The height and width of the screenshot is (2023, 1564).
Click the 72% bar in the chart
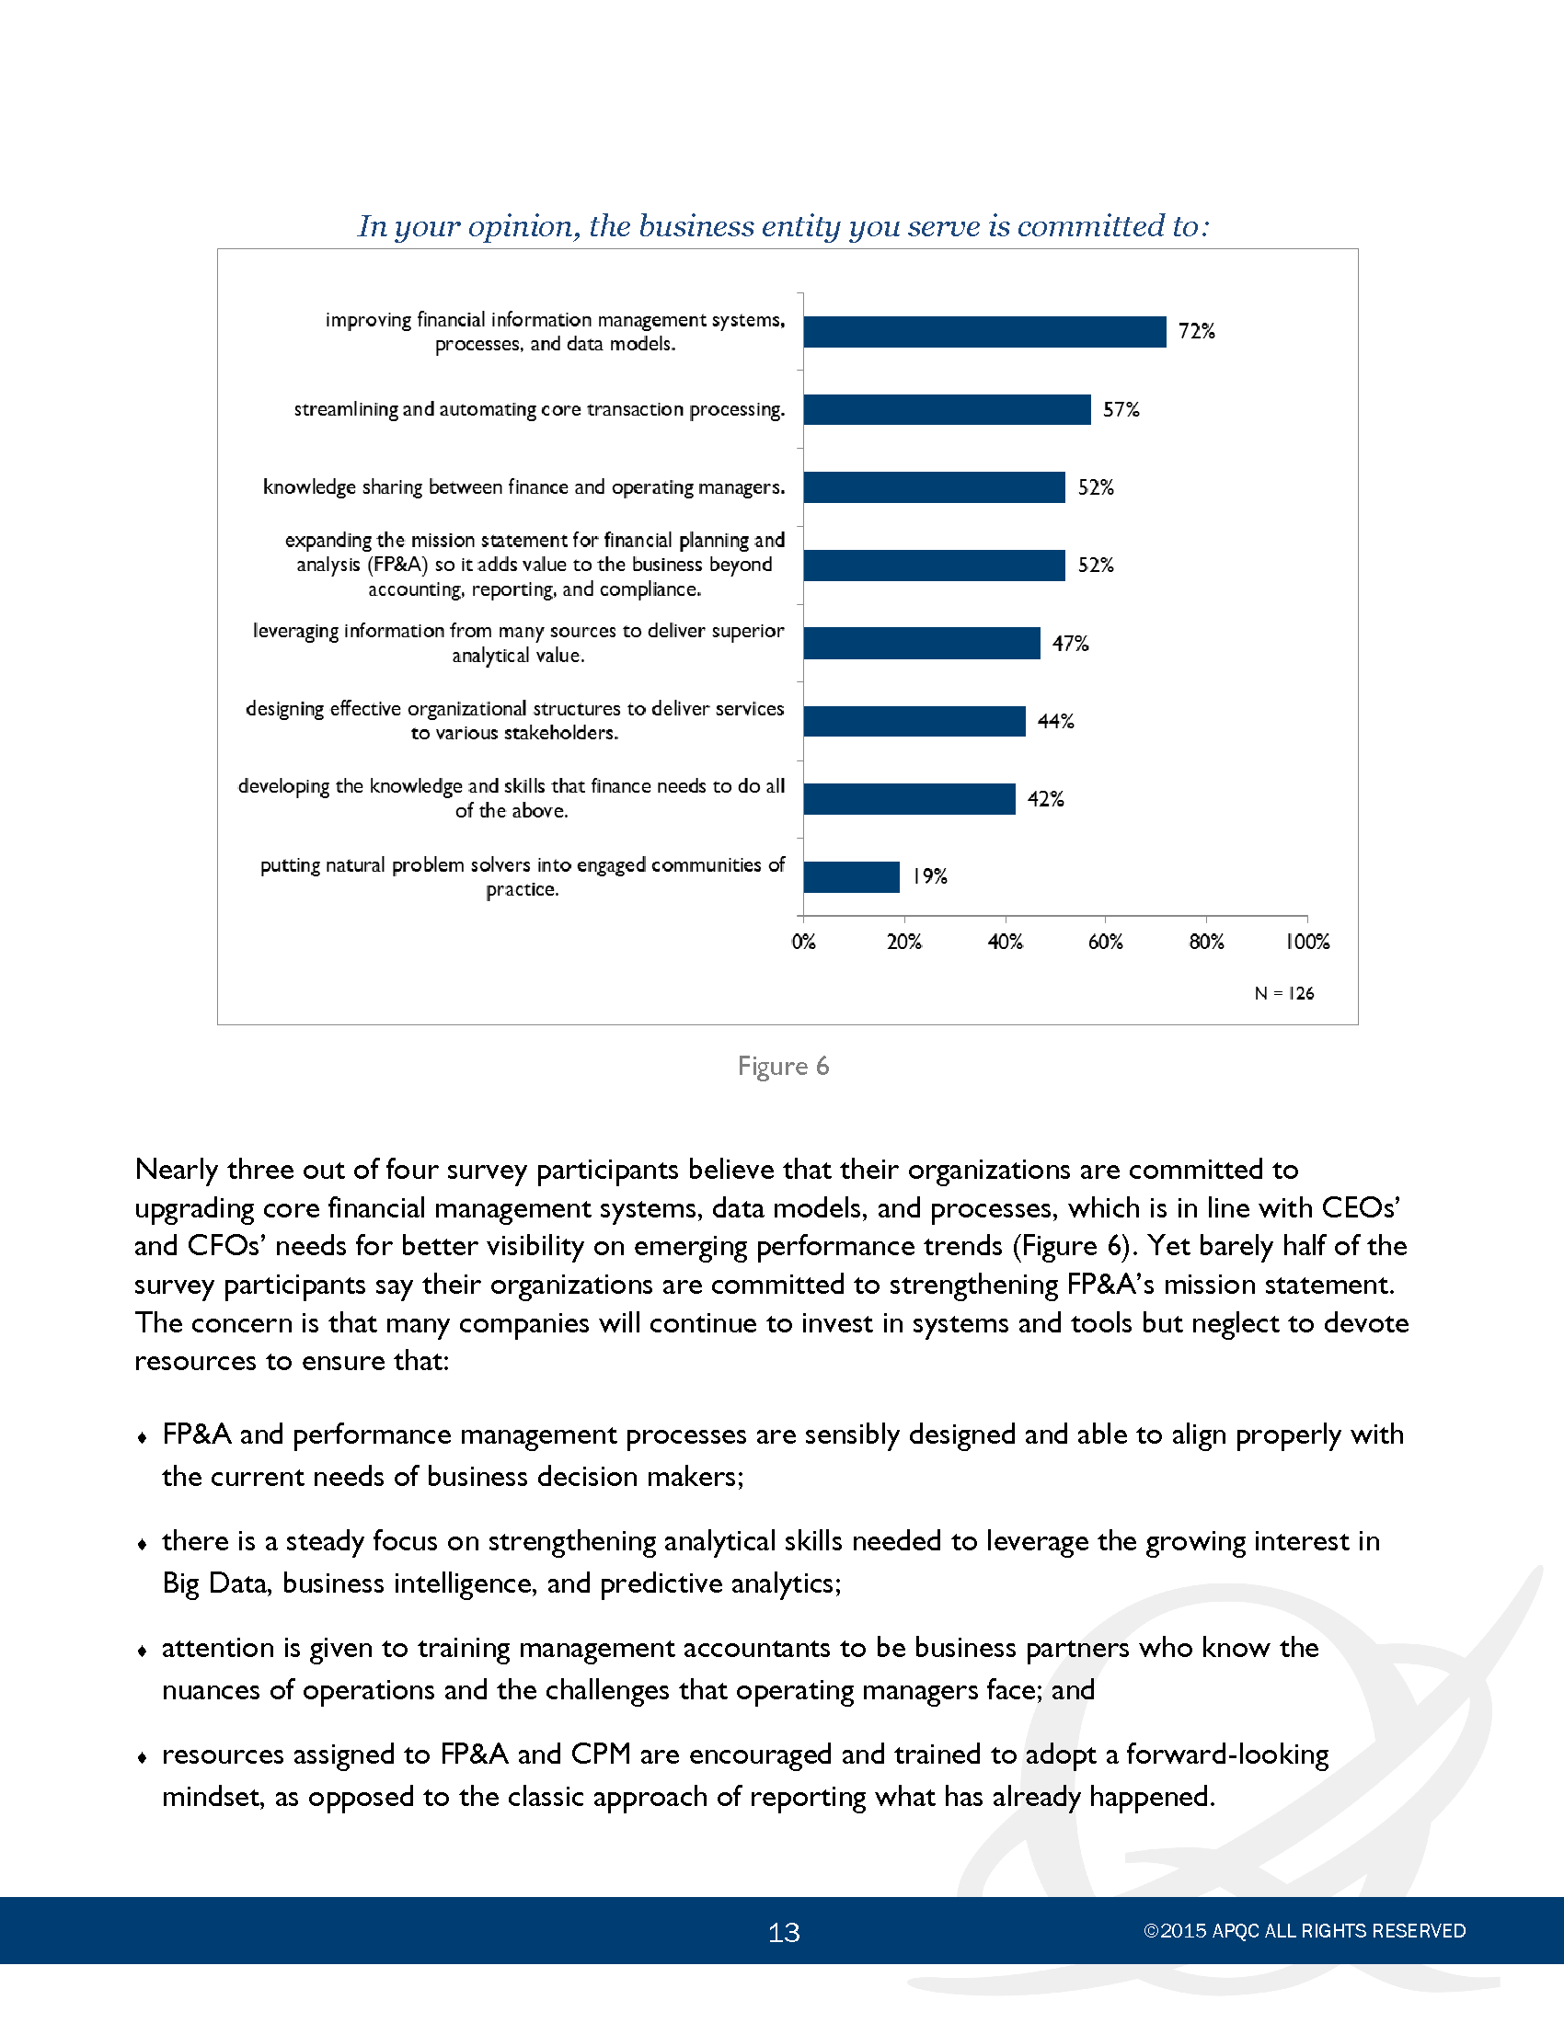coord(985,332)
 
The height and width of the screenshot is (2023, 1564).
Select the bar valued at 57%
coord(947,409)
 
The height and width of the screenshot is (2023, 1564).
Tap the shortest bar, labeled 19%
coord(852,876)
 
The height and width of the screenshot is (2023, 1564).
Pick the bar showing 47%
coord(922,643)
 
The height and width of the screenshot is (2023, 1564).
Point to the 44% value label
coord(1055,721)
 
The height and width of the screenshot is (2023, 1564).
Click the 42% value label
coord(1045,798)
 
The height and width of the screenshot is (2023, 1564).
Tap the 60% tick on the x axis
coord(1105,942)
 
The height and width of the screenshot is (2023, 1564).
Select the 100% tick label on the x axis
coord(1307,942)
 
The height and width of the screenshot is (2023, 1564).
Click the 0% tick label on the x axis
coord(803,942)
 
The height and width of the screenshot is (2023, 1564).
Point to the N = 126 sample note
coord(1284,993)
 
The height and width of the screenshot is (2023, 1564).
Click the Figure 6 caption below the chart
coord(783,1066)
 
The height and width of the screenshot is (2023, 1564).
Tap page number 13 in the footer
coord(784,1932)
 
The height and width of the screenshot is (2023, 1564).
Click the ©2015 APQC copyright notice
coord(1305,1931)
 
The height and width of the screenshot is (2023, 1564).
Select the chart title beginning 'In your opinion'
coord(784,226)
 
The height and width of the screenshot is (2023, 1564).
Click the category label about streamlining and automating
coord(539,409)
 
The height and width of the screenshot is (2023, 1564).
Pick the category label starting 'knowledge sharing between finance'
coord(523,487)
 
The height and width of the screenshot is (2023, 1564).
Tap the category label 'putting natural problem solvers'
coord(522,876)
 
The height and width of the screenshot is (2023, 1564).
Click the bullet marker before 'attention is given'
coord(142,1651)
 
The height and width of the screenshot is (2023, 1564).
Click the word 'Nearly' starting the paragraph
coord(177,1170)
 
